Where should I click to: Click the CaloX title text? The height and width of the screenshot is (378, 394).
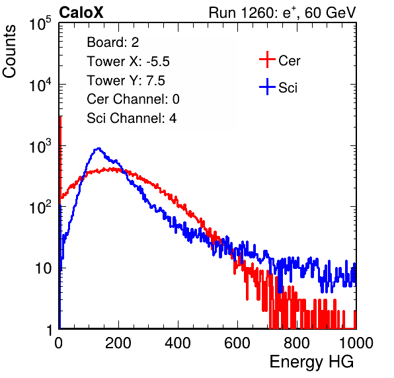pos(81,13)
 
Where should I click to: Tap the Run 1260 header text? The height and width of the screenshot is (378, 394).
pos(282,13)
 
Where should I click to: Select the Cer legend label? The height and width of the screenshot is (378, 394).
pos(289,61)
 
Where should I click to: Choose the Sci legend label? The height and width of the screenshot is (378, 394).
pos(288,88)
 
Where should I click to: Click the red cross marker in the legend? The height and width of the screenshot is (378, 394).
pos(267,59)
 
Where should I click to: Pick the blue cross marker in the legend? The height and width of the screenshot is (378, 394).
pos(267,87)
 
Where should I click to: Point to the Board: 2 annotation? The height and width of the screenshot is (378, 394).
pos(113,42)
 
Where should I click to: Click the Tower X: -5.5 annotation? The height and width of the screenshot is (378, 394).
pos(128,61)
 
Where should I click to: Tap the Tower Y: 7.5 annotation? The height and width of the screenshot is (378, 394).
pos(126,81)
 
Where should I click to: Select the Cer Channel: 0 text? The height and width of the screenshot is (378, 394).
pos(133,99)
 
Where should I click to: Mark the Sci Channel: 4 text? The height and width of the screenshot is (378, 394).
pos(132,118)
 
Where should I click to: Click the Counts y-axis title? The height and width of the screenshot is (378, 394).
pos(9,52)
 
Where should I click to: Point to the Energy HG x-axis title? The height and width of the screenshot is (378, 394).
pos(311,362)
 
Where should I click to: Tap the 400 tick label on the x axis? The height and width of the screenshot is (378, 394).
pos(178,343)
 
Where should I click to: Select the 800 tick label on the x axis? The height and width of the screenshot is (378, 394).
pos(297,343)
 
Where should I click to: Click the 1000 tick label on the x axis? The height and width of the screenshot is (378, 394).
pos(356,343)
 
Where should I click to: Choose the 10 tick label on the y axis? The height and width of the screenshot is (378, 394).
pos(43,268)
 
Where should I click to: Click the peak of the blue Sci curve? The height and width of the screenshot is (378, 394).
pos(98,148)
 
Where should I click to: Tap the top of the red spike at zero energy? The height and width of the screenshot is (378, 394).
pos(60,117)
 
